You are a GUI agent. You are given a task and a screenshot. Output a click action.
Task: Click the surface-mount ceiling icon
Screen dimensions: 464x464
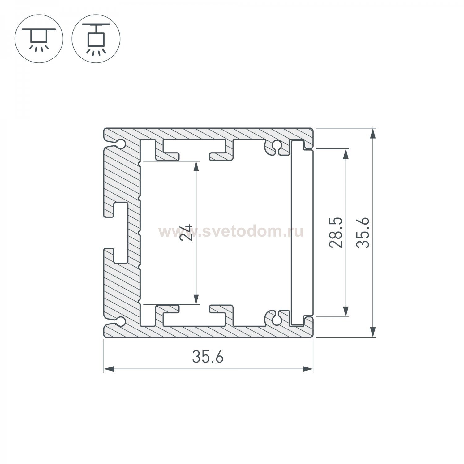click(39, 39)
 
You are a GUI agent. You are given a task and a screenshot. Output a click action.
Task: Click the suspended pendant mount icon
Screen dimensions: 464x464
click(96, 39)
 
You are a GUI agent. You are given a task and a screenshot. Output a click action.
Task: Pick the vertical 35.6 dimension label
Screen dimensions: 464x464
click(363, 232)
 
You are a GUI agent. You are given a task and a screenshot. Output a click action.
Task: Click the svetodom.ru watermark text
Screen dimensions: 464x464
click(231, 231)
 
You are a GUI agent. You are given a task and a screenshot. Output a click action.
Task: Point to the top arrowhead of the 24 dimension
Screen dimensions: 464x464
click(195, 166)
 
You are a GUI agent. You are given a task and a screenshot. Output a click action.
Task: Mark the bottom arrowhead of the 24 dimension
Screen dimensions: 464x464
click(195, 299)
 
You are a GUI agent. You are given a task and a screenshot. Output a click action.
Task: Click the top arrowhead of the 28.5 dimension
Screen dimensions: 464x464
click(346, 154)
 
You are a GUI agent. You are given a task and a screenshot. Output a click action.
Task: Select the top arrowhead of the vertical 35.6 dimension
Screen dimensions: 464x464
click(373, 133)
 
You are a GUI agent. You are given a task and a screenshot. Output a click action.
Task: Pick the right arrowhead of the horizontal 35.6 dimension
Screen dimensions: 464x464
click(307, 369)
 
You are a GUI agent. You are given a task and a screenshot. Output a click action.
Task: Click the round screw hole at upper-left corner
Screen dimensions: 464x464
click(121, 144)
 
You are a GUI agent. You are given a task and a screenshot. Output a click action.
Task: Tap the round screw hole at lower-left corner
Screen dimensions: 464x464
click(121, 321)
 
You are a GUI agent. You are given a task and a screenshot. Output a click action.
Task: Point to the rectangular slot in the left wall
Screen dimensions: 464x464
click(121, 233)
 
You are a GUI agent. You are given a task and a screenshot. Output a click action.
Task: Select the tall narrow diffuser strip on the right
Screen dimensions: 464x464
click(302, 233)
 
